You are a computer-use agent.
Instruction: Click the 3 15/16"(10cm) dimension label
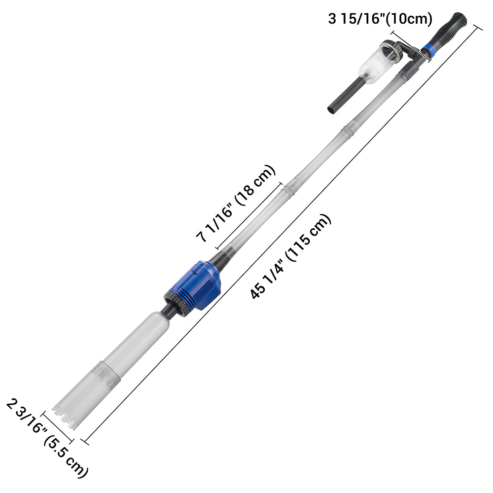pos(380,19)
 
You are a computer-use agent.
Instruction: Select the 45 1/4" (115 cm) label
pos(291,256)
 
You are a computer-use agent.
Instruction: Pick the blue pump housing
pos(195,286)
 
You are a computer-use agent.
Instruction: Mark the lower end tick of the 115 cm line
pos(84,440)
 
